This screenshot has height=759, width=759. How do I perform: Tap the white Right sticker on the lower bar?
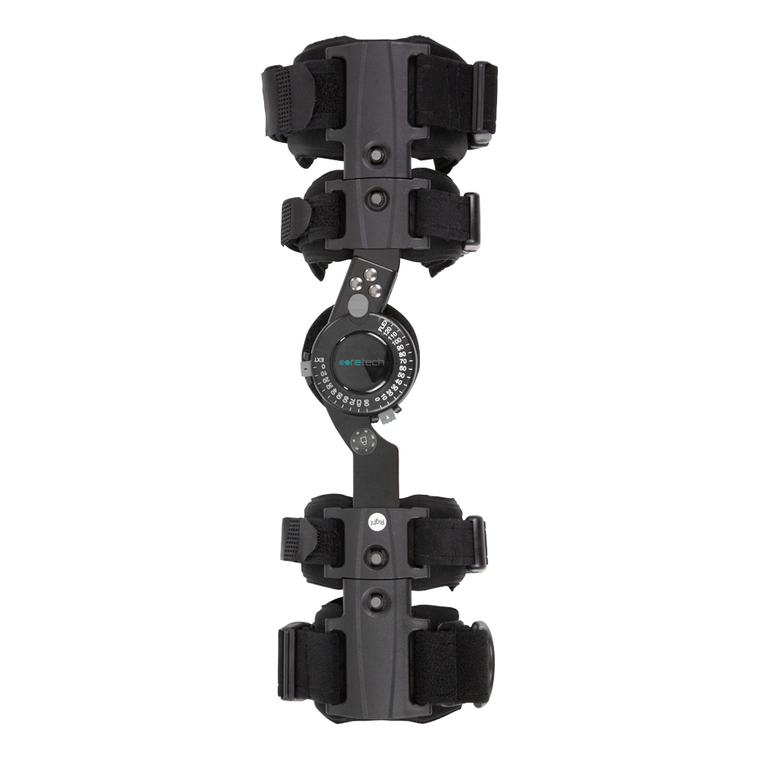(x=377, y=522)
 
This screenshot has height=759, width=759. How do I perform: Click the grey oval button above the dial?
(x=357, y=305)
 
